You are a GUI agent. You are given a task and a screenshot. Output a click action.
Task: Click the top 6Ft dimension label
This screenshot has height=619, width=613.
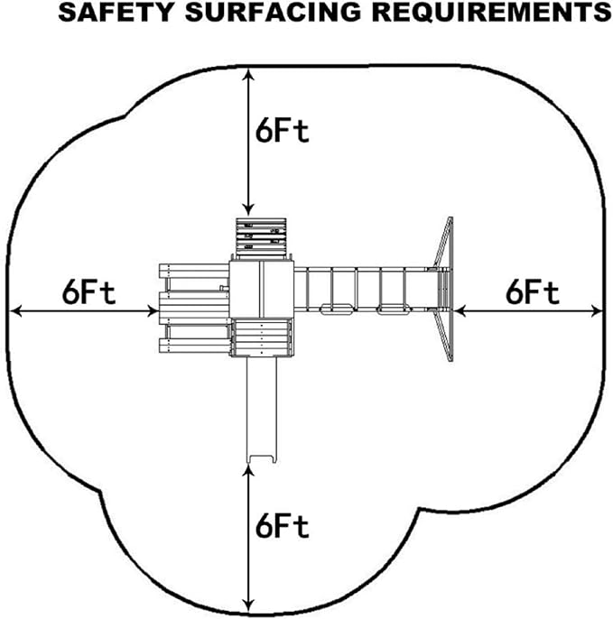(281, 131)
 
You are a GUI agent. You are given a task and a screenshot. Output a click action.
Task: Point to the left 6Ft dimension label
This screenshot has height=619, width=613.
(89, 292)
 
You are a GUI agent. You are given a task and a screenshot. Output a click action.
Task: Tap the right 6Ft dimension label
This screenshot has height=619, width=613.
(533, 292)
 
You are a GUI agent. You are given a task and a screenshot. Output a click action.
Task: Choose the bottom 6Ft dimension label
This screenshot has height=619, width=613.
(282, 526)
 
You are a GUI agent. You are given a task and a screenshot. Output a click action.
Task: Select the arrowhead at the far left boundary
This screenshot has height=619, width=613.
(14, 311)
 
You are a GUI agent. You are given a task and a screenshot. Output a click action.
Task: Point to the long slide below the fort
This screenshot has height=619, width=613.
(262, 406)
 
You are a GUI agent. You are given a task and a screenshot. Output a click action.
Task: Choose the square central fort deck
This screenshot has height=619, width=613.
(261, 289)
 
